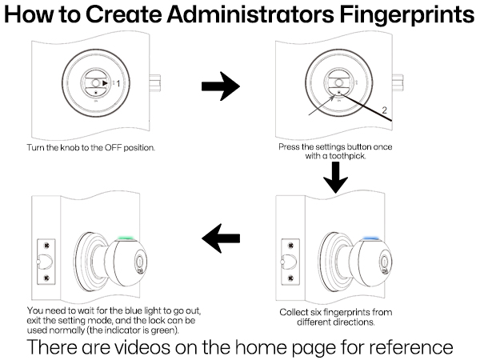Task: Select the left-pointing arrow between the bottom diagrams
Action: (221, 237)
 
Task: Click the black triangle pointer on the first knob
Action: (105, 82)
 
